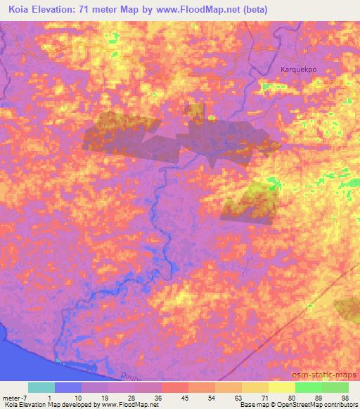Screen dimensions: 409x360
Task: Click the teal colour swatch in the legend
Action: [41, 387]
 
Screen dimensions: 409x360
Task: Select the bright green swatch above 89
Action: [308, 387]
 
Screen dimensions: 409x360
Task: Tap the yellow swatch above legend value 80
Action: [281, 387]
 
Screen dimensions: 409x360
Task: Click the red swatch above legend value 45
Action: [174, 387]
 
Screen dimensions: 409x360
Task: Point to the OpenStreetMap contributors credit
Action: [320, 405]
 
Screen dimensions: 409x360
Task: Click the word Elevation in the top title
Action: [63, 10]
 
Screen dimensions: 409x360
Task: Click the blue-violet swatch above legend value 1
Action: [67, 387]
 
